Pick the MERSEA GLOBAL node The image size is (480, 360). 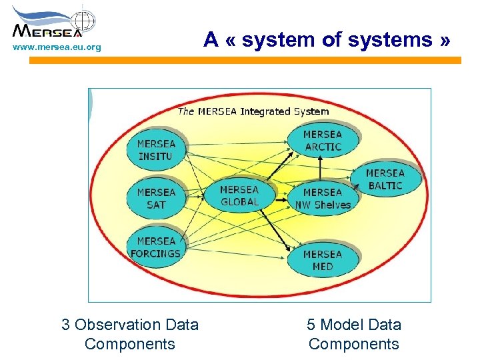click(239, 196)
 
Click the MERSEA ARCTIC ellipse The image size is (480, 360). click(323, 141)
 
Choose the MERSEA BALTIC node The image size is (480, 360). click(385, 179)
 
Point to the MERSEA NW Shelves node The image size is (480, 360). click(323, 199)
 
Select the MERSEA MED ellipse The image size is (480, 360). click(322, 260)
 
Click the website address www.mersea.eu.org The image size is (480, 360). click(57, 47)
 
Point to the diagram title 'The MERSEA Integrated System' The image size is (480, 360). click(253, 111)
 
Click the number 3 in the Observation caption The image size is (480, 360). click(65, 325)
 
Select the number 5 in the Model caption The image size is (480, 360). click(311, 325)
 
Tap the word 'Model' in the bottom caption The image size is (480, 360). click(342, 325)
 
